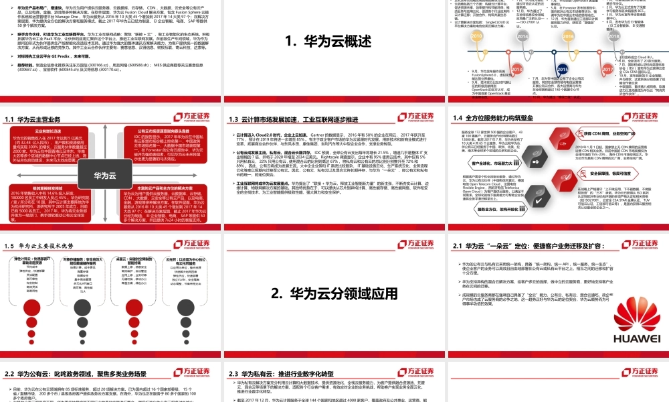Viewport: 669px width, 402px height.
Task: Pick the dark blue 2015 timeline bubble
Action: [x=562, y=69]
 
